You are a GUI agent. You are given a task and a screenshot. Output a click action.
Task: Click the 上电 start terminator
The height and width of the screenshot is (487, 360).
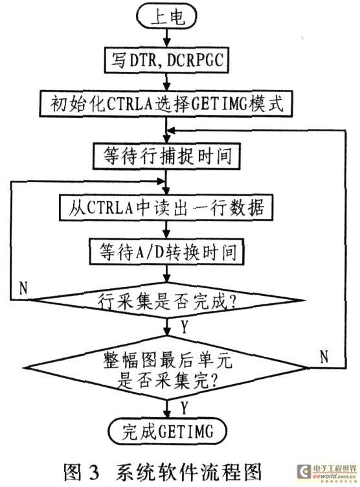tap(166, 16)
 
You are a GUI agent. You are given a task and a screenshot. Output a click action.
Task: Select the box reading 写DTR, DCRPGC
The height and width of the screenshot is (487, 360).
tap(166, 60)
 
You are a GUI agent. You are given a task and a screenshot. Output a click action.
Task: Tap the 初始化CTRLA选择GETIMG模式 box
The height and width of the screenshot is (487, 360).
tap(166, 104)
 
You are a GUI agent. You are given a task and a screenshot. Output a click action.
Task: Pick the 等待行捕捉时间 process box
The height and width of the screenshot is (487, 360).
tap(166, 156)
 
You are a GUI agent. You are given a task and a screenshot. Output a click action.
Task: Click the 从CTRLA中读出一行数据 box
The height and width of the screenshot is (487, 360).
tap(166, 207)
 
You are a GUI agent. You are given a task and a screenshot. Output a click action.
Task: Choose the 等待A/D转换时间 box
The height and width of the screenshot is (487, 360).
tap(166, 251)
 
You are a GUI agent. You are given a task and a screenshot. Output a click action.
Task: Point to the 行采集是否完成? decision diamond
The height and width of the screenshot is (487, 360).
tap(166, 300)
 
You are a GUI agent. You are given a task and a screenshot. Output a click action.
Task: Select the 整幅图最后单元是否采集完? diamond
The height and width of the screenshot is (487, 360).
tap(166, 368)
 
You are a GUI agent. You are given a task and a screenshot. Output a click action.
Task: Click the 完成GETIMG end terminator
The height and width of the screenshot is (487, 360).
tap(168, 431)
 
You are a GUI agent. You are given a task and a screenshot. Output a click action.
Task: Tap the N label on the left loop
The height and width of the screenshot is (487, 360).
tap(23, 288)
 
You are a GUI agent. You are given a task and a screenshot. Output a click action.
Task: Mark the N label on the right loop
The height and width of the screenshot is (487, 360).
tap(324, 357)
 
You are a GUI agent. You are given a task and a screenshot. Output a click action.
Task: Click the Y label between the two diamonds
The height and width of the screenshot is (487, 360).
tap(185, 327)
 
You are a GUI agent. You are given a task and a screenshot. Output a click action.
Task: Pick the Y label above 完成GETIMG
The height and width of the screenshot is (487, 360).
tap(185, 408)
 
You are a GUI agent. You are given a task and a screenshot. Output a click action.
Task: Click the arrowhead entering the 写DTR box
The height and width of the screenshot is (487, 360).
tap(167, 43)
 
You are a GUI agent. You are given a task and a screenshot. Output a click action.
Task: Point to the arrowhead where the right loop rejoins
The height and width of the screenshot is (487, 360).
tap(171, 131)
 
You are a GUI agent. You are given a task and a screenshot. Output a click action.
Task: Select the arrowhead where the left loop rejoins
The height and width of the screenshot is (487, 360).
tap(161, 181)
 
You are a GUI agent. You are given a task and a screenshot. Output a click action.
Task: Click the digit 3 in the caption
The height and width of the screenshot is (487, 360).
tap(93, 471)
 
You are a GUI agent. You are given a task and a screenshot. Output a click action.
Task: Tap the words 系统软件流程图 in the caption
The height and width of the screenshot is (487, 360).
tap(189, 471)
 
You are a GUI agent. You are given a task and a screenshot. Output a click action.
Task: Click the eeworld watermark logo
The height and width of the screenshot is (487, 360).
tap(326, 472)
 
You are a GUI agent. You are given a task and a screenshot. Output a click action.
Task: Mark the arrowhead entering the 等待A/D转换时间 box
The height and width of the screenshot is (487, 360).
tap(167, 235)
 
